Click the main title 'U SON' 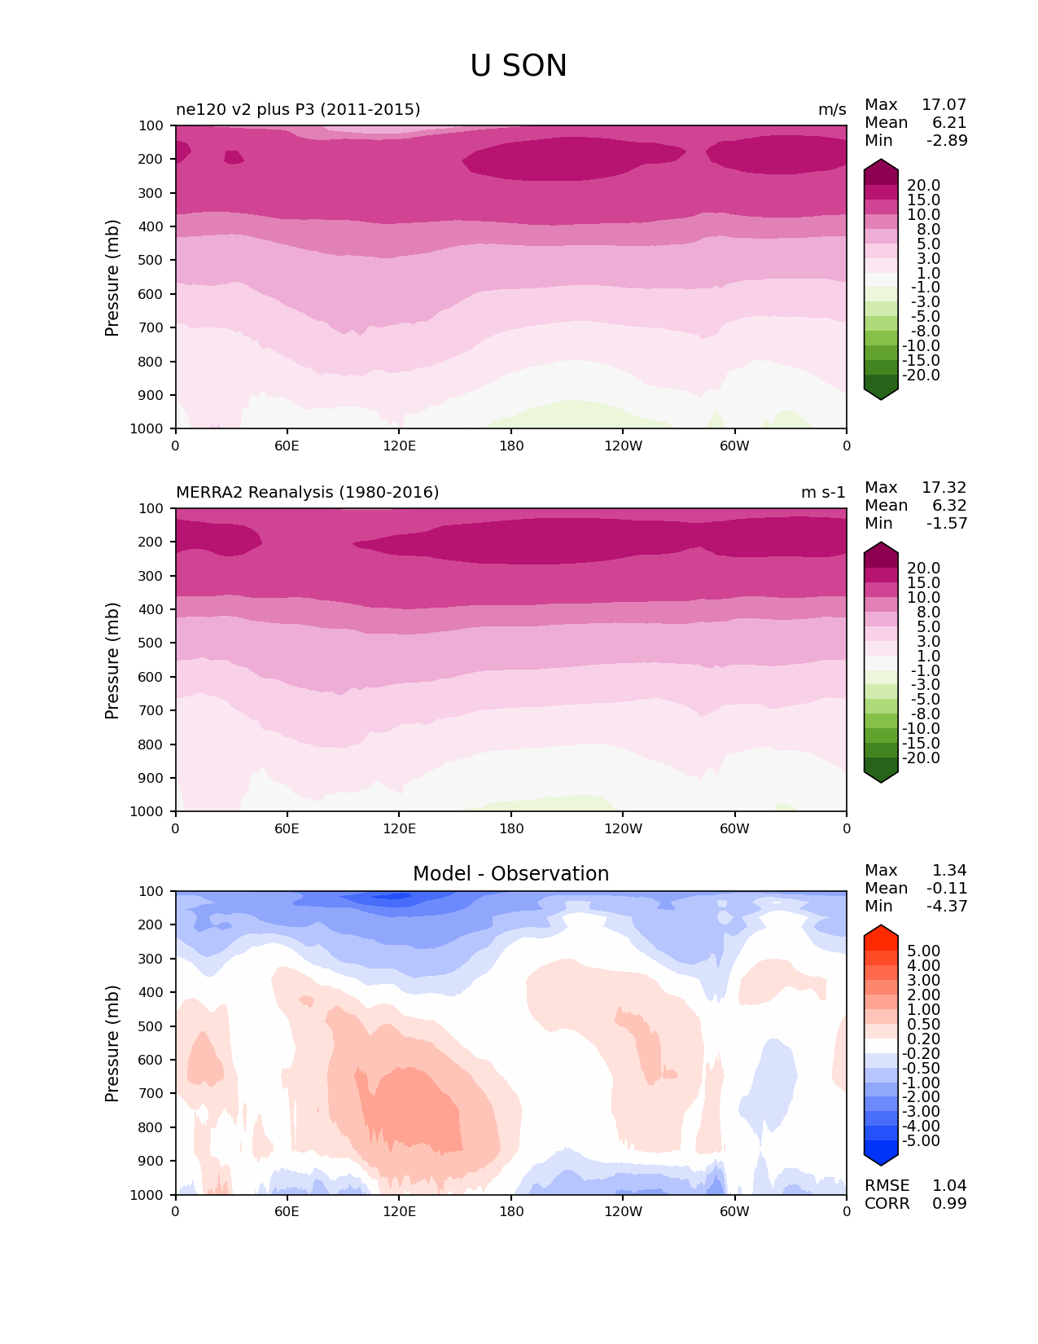pyautogui.click(x=518, y=66)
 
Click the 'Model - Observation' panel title pyautogui.click(x=510, y=874)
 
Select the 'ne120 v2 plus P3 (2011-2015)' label pyautogui.click(x=298, y=110)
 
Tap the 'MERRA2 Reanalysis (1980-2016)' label pyautogui.click(x=307, y=493)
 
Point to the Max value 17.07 pyautogui.click(x=944, y=105)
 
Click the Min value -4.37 pyautogui.click(x=947, y=907)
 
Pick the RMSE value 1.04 pyautogui.click(x=949, y=1186)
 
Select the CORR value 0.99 pyautogui.click(x=949, y=1204)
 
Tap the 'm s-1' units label pyautogui.click(x=823, y=493)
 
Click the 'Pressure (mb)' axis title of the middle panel pyautogui.click(x=112, y=661)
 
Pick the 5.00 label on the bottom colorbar pyautogui.click(x=923, y=951)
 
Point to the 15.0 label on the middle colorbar pyautogui.click(x=923, y=583)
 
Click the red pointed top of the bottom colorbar pyautogui.click(x=881, y=933)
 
